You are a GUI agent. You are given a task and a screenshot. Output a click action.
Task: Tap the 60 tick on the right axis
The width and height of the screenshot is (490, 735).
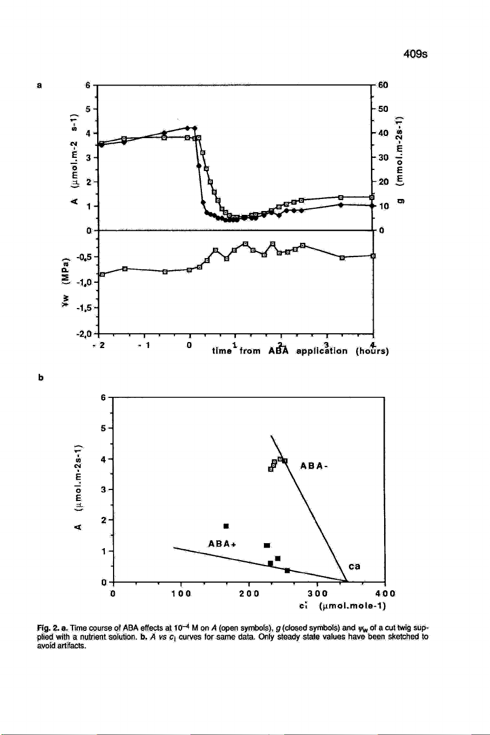(383, 85)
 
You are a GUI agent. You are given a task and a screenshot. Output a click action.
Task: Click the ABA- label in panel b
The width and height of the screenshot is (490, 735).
(314, 466)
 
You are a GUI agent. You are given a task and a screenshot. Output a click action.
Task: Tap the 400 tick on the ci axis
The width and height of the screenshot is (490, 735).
(385, 593)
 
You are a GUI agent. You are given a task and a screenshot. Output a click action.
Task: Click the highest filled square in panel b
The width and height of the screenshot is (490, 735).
(226, 526)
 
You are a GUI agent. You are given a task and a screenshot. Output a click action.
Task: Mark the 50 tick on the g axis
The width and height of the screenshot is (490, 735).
(383, 109)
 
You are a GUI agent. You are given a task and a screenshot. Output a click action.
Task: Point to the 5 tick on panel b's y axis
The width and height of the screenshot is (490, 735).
(104, 428)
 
